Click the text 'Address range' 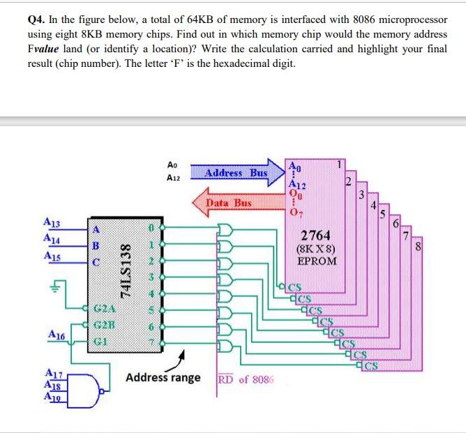[163, 378]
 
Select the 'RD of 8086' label [246, 379]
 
